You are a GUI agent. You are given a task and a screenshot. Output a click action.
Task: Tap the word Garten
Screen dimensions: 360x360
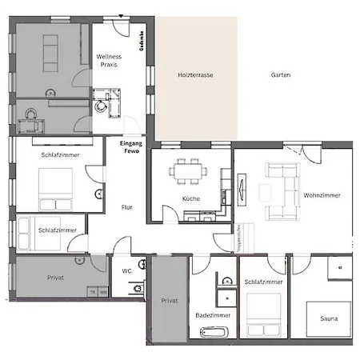(280, 75)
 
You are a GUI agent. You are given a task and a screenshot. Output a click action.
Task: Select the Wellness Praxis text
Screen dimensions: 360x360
(108, 61)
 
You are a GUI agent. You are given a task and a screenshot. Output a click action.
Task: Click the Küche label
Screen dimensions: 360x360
(190, 198)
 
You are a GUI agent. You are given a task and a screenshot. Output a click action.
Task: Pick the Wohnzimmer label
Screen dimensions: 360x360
(322, 195)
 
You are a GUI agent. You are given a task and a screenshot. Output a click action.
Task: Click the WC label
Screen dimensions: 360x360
(126, 271)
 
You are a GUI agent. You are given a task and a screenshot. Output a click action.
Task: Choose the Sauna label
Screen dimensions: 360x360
(328, 318)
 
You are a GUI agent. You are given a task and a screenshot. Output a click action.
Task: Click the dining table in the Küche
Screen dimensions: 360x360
(190, 170)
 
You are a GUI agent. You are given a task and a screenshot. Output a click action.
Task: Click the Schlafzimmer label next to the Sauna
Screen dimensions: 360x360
(263, 283)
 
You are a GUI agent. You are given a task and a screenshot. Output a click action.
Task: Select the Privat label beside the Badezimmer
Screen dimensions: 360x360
(170, 301)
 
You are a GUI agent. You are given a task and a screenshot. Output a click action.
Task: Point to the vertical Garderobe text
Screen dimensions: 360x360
(142, 41)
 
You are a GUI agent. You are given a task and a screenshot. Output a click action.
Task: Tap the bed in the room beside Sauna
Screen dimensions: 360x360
(263, 316)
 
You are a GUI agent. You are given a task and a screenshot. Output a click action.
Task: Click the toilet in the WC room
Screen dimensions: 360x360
(137, 288)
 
